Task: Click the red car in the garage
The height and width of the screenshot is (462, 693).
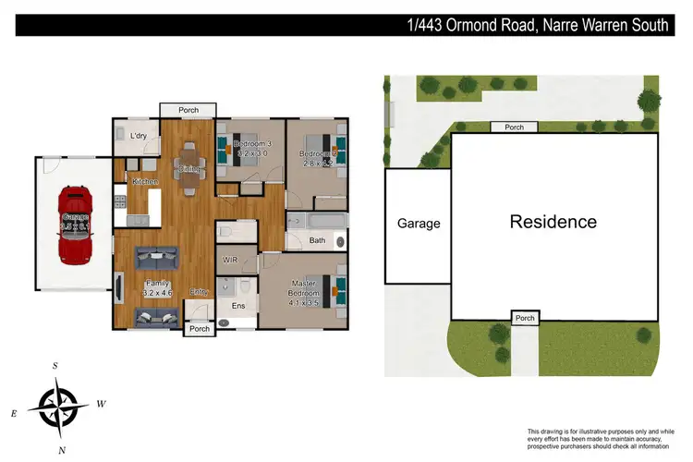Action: pyautogui.click(x=73, y=224)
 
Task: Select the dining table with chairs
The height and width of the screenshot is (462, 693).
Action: pyautogui.click(x=188, y=169)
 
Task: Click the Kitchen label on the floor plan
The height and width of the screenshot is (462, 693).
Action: pyautogui.click(x=145, y=182)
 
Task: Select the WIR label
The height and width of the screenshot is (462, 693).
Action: pyautogui.click(x=231, y=261)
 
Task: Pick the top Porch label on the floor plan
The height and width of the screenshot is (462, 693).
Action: pyautogui.click(x=188, y=111)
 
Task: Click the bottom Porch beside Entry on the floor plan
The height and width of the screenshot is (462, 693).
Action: pyautogui.click(x=199, y=329)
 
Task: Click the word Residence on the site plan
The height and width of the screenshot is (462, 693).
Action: pyautogui.click(x=553, y=222)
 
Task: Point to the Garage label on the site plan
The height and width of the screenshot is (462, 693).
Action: pyautogui.click(x=418, y=224)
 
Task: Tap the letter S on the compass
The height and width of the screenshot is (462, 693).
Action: pyautogui.click(x=55, y=366)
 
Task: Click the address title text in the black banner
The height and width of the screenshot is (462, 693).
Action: pyautogui.click(x=538, y=26)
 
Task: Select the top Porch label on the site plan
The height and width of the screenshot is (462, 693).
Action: pyautogui.click(x=514, y=128)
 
